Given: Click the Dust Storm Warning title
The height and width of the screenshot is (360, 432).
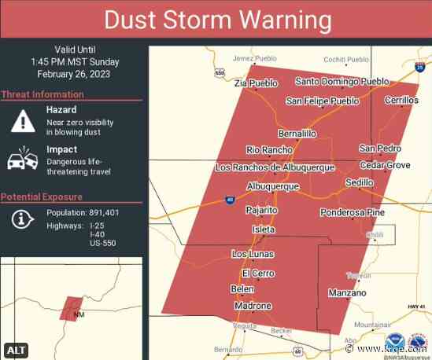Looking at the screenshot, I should point(216,20).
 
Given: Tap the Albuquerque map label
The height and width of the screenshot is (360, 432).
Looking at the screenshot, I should point(272,186).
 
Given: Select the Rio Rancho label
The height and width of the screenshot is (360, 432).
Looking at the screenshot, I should point(269,150).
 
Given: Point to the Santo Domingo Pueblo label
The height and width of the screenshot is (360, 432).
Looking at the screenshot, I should point(342,82).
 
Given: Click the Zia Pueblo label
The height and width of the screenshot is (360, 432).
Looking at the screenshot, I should point(256,83).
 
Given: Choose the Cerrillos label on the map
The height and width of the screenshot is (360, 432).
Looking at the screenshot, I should point(401,101).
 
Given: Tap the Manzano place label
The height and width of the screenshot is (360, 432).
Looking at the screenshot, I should point(347,293).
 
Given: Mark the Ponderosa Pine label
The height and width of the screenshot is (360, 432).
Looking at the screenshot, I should point(352,213).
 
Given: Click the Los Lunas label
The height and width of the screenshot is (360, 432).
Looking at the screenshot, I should point(251,255).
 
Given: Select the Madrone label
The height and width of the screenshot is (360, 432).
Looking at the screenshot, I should point(253,306).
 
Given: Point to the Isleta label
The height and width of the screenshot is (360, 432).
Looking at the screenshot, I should point(263,230).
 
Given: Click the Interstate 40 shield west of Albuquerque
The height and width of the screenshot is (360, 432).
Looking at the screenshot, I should point(229,200).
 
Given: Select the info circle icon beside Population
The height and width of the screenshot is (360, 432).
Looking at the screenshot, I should point(23,220).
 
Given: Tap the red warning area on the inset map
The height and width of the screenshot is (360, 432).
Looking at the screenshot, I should point(71,307).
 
